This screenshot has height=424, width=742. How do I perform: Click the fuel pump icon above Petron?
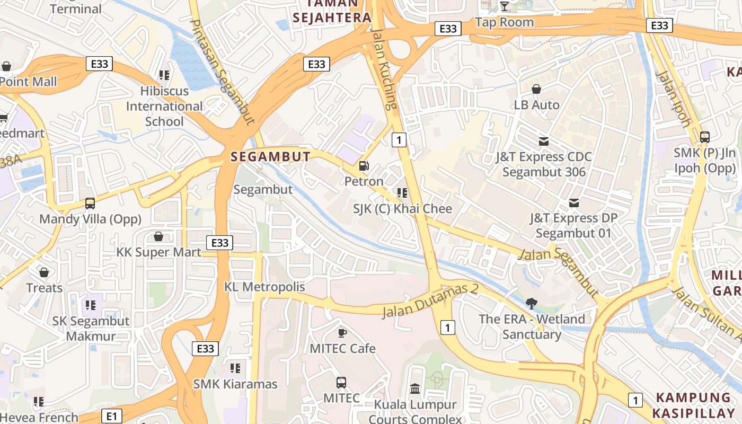pyautogui.click(x=364, y=166)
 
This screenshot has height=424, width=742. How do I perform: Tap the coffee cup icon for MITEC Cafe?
pyautogui.click(x=342, y=333)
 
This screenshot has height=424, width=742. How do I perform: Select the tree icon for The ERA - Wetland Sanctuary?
pyautogui.click(x=532, y=303)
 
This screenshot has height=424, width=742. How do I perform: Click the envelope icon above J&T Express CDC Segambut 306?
pyautogui.click(x=544, y=142)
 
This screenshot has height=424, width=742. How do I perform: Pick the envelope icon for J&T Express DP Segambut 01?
pyautogui.click(x=573, y=202)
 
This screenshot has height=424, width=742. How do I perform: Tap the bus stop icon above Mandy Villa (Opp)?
pyautogui.click(x=90, y=204)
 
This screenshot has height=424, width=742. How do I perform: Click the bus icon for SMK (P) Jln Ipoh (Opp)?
pyautogui.click(x=704, y=137)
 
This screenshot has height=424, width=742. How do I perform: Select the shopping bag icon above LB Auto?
pyautogui.click(x=536, y=89)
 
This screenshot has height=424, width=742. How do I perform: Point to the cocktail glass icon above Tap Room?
pyautogui.click(x=505, y=6)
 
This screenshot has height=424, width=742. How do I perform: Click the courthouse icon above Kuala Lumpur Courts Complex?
pyautogui.click(x=415, y=390)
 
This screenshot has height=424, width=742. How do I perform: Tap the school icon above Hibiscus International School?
pyautogui.click(x=164, y=75)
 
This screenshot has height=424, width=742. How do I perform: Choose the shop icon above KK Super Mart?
pyautogui.click(x=158, y=236)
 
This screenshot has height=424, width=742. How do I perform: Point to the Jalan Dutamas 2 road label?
pyautogui.click(x=430, y=301)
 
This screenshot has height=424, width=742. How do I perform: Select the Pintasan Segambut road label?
pyautogui.click(x=222, y=73)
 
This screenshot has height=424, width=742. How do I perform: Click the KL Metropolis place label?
pyautogui.click(x=264, y=287)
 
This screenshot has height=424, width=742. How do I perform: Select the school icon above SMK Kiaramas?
pyautogui.click(x=235, y=368)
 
